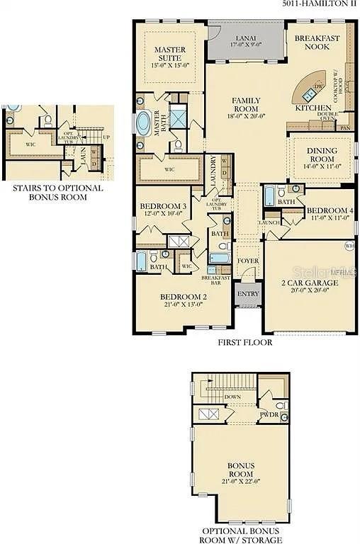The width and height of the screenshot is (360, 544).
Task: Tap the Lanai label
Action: [x=246, y=40]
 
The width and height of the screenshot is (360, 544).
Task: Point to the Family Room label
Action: [x=246, y=108]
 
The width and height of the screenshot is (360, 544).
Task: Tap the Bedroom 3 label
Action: [x=163, y=210]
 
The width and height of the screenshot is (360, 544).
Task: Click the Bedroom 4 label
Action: [x=330, y=215]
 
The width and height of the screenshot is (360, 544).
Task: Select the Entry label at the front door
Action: [x=248, y=295]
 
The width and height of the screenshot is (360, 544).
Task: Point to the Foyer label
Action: [x=248, y=260]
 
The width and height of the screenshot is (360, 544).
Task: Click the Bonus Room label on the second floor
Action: [x=241, y=470]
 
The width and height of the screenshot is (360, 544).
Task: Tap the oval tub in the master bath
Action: [x=143, y=122]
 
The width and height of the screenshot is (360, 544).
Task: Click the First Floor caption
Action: [x=245, y=342]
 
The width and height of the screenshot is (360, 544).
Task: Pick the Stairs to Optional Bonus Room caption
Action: [x=58, y=193]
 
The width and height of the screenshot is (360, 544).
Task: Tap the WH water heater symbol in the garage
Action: [x=348, y=246]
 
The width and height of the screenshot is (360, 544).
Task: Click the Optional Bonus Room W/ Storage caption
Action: [x=241, y=535]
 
